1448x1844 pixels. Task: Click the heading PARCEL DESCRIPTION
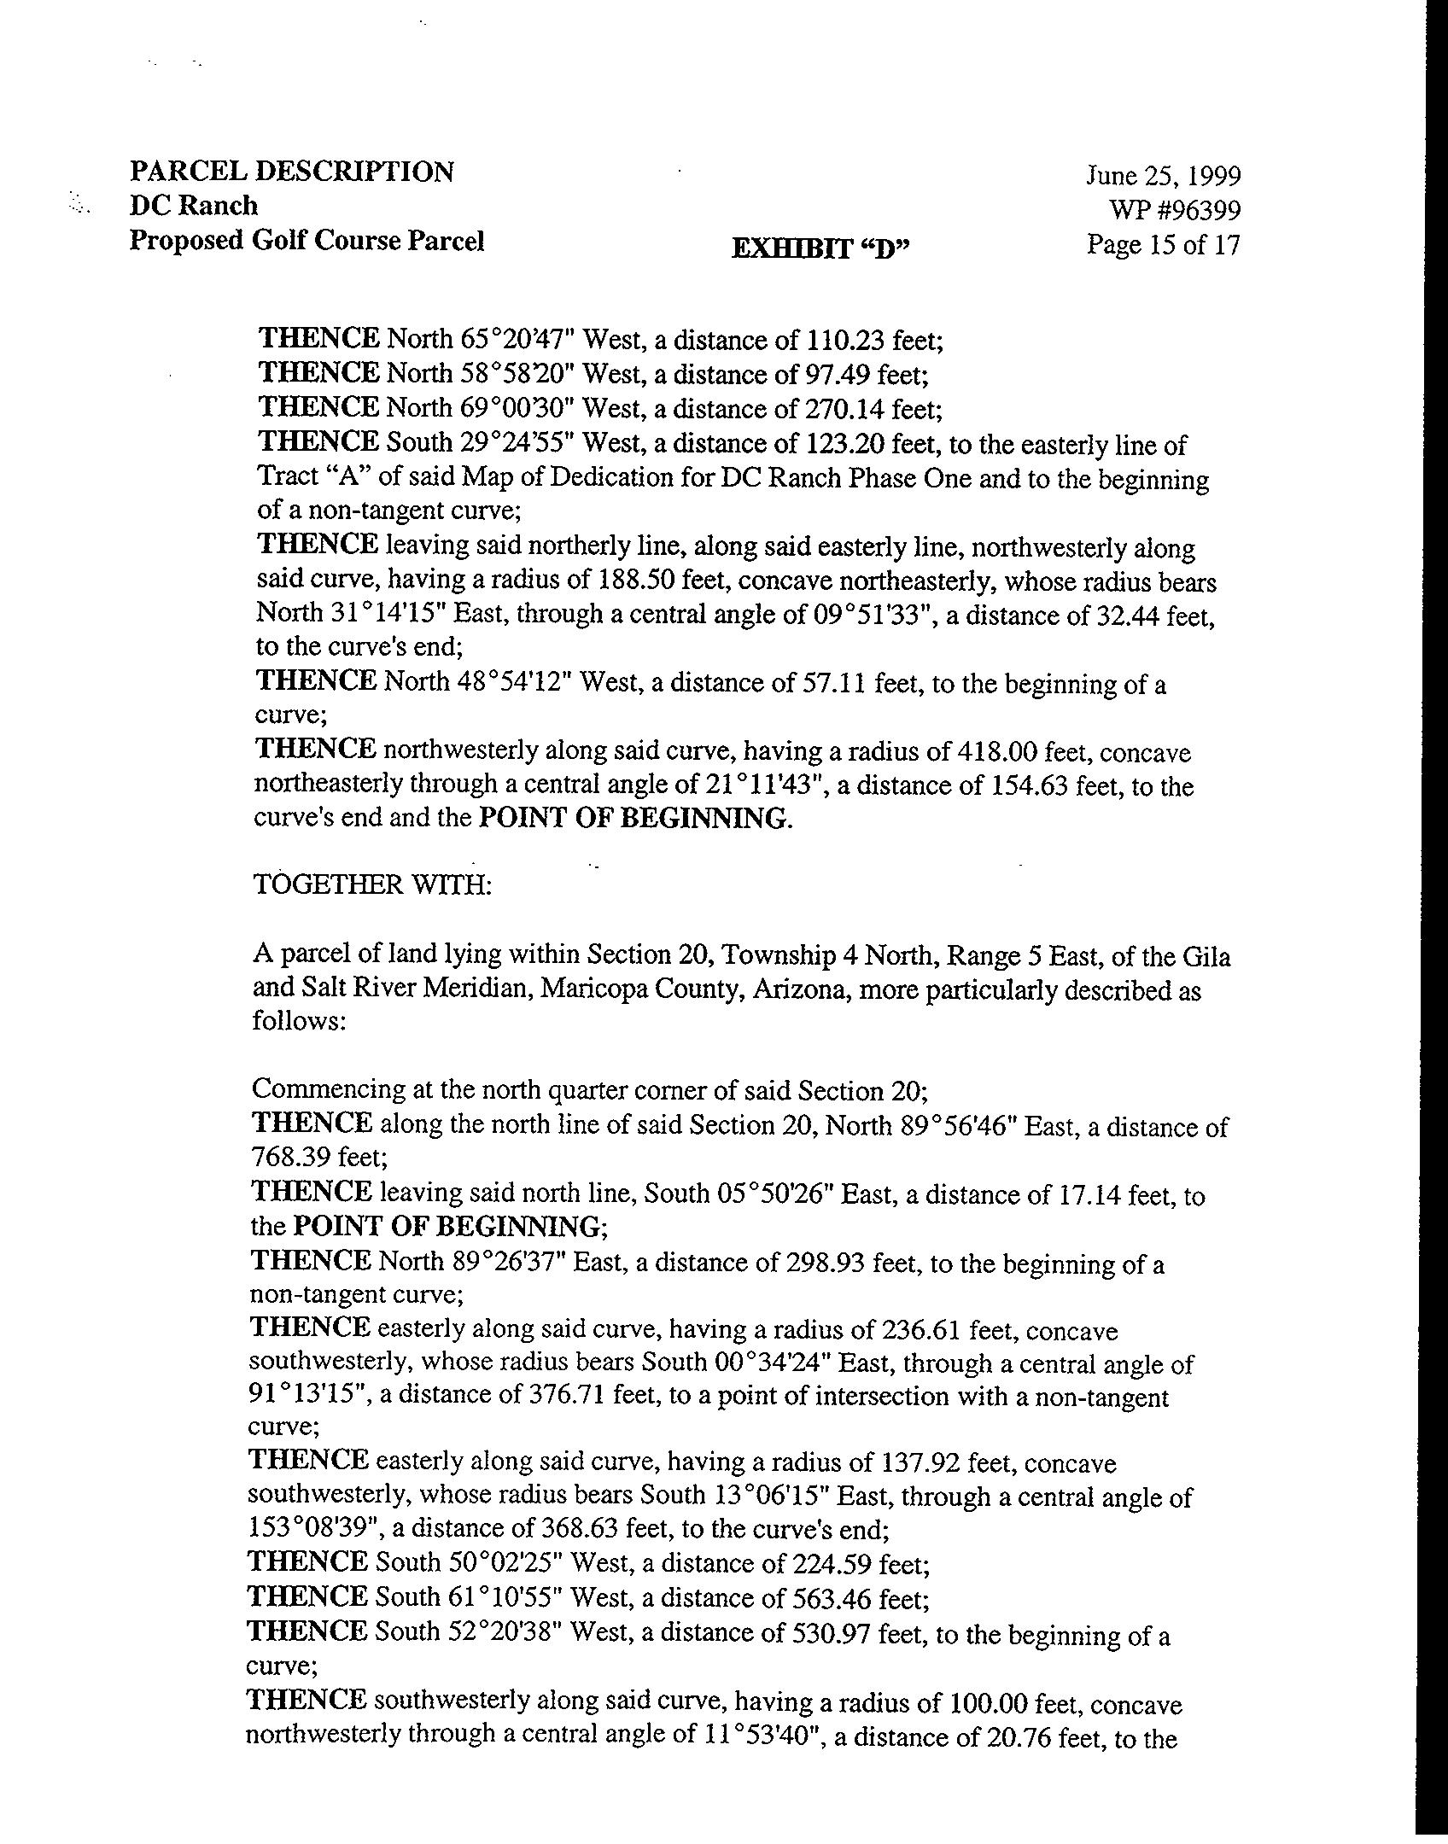291,172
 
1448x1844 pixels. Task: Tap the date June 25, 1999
1163,176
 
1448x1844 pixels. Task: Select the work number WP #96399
1174,210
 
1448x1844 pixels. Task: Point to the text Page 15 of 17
1162,245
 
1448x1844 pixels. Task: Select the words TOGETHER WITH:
372,884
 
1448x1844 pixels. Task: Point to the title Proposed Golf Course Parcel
307,242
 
